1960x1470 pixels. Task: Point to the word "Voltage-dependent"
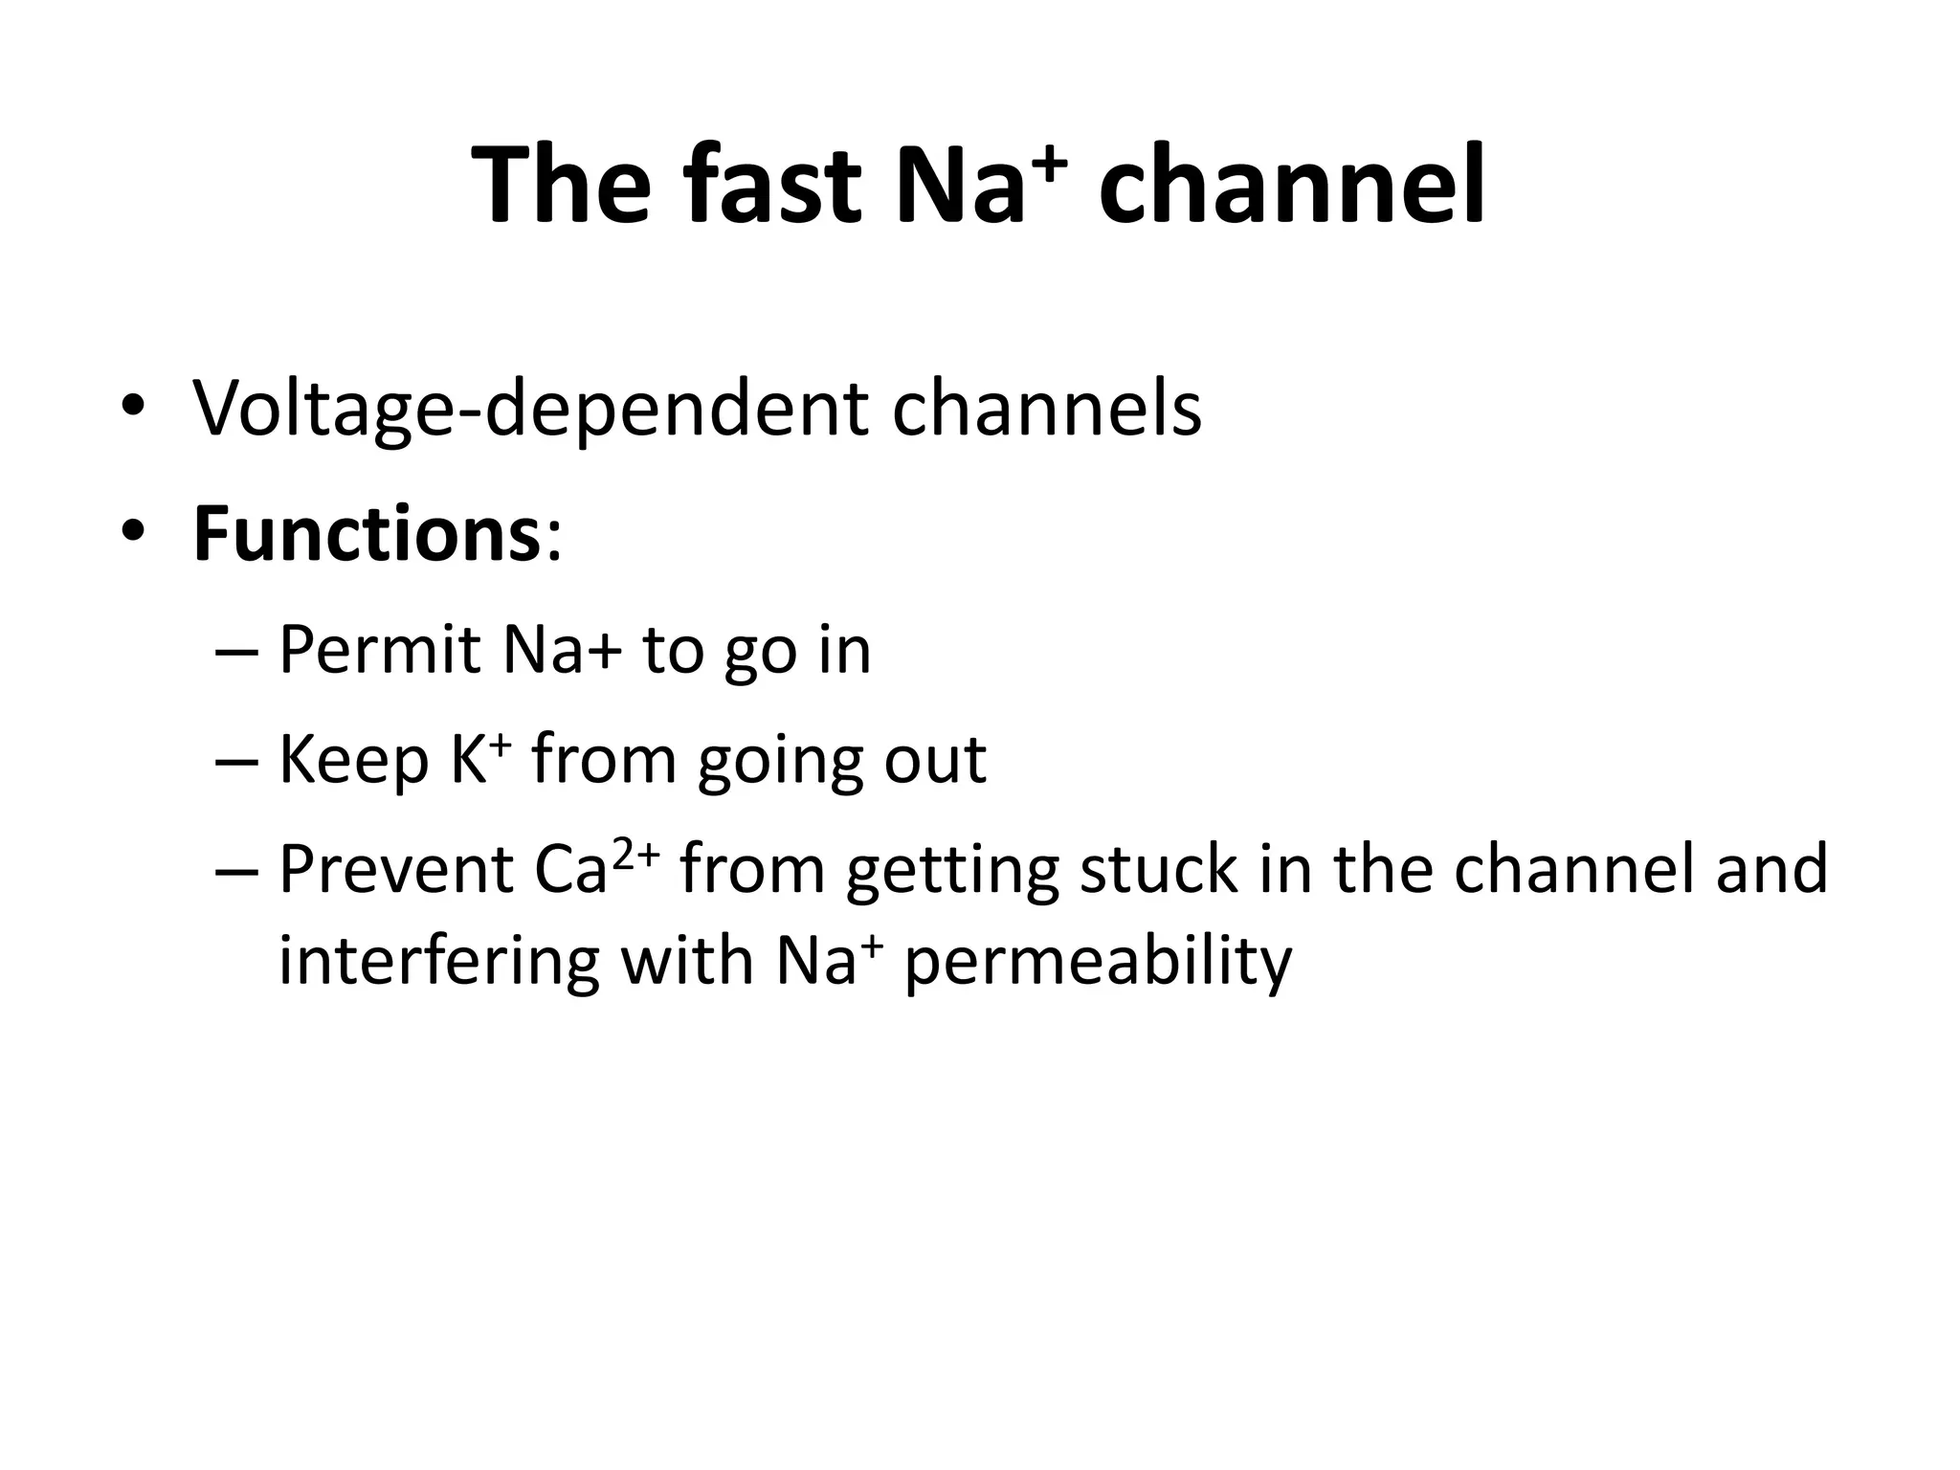[x=532, y=410]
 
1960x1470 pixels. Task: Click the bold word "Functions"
[x=367, y=535]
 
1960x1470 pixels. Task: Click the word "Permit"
[x=379, y=651]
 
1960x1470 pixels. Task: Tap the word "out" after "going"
[x=935, y=761]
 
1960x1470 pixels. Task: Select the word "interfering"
[x=438, y=961]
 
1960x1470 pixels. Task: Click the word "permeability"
[x=1098, y=963]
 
